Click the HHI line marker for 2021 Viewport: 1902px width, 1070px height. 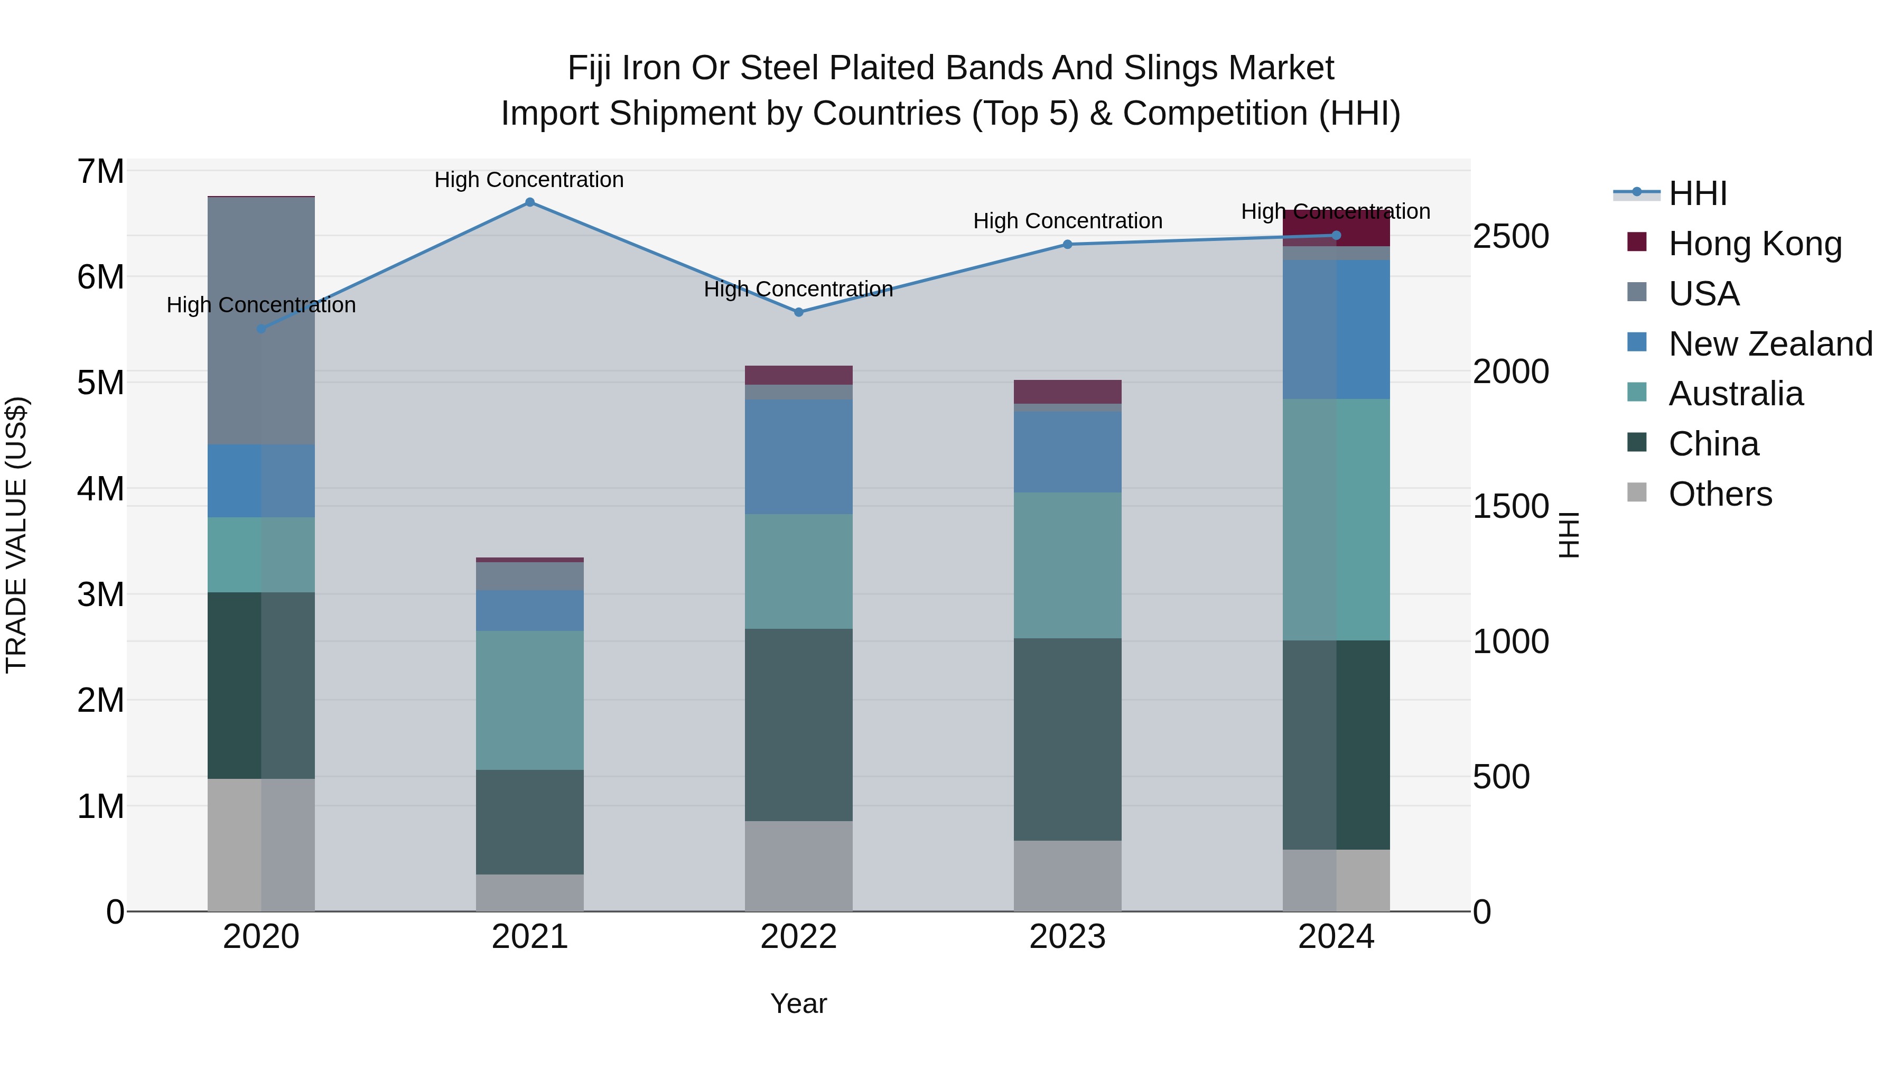529,202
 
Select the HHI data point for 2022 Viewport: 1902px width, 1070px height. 798,312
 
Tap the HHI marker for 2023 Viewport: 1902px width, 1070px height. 1067,245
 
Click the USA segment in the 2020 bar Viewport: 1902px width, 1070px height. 262,321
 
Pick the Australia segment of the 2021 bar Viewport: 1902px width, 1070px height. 529,700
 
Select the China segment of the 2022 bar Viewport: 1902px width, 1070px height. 798,724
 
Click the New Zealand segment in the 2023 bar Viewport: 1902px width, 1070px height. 1067,452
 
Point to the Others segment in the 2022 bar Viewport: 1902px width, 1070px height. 798,866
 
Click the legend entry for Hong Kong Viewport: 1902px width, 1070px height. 1754,244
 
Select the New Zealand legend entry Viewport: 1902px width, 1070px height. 1770,344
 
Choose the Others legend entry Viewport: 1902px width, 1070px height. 1720,494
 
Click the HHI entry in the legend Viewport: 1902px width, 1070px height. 1696,193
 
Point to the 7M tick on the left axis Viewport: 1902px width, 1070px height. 101,172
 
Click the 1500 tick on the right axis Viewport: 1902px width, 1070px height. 1511,507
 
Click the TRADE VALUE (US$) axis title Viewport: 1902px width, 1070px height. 17,535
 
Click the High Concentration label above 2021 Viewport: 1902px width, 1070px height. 529,180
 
